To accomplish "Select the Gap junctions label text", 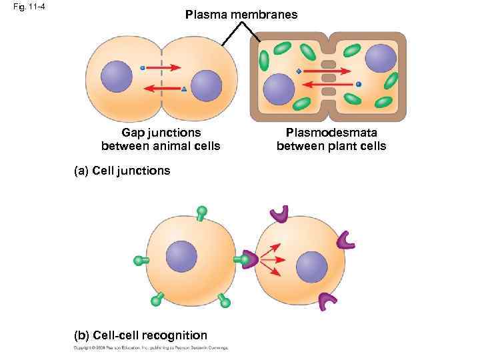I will tap(161, 133).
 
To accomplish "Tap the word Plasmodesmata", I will tap(331, 133).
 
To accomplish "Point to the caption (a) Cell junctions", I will tap(122, 171).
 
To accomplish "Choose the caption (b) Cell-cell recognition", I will tap(141, 335).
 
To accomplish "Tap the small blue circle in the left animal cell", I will tap(143, 67).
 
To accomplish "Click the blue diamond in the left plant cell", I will tap(299, 71).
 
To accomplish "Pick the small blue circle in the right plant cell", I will tap(359, 84).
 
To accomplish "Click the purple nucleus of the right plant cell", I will tap(380, 58).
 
